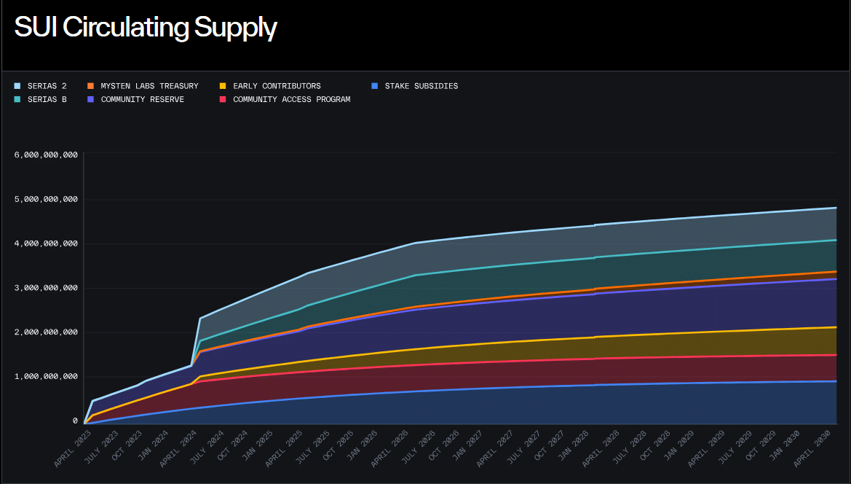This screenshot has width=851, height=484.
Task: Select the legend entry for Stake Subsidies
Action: tap(421, 86)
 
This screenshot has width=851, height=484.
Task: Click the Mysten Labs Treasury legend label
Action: tap(149, 86)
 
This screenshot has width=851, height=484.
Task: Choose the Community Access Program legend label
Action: tap(291, 99)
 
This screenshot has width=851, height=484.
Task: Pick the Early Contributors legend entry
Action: tap(277, 86)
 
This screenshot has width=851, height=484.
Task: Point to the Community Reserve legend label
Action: tap(142, 99)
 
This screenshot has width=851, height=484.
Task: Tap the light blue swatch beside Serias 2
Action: tap(17, 86)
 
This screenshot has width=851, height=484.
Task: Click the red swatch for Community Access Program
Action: tap(223, 99)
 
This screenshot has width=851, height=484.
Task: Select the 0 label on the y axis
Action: tap(75, 421)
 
